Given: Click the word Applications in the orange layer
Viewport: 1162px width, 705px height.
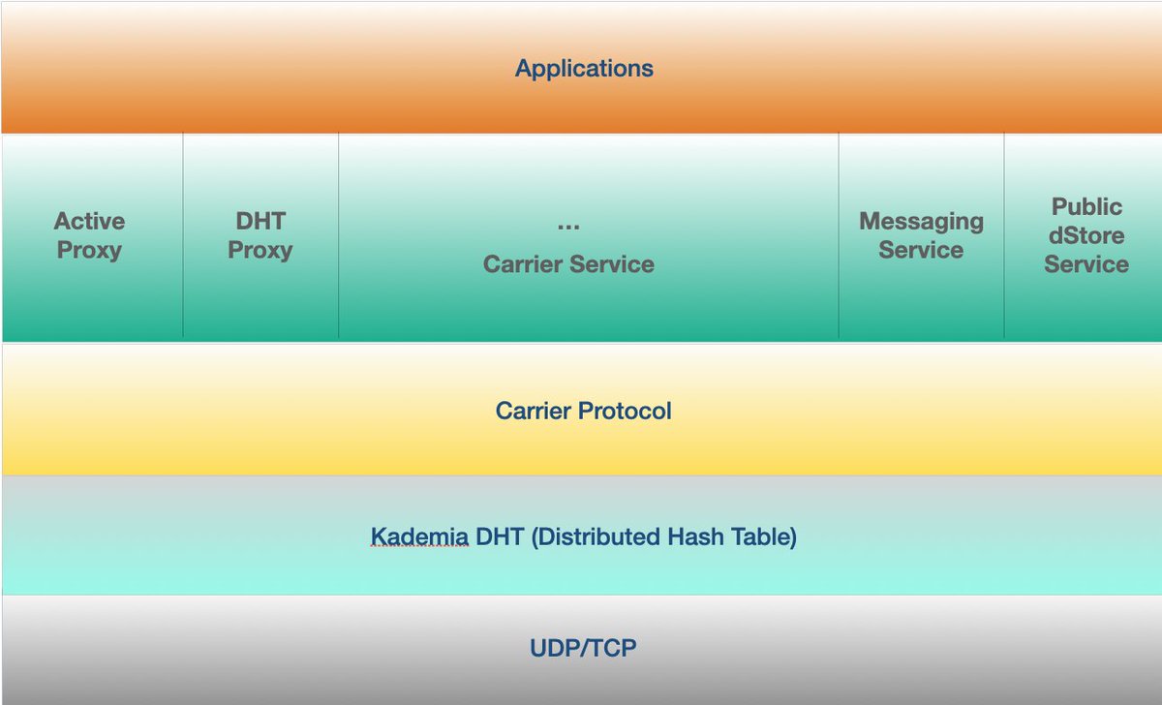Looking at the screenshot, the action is (x=584, y=69).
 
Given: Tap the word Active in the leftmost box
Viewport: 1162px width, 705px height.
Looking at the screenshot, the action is (x=89, y=221).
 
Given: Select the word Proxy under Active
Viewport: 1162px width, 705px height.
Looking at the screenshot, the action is (x=89, y=251).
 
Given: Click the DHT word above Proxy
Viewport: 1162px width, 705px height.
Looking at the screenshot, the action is (x=260, y=221).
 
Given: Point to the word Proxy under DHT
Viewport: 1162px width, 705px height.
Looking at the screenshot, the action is (x=260, y=251).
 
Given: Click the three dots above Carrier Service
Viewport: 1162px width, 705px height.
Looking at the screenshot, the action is (x=568, y=227).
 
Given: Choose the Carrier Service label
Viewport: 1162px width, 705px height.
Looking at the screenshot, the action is (x=568, y=264).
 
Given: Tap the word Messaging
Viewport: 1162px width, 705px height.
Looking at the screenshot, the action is (x=921, y=222).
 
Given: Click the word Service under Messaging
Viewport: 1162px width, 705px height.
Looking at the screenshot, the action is (x=921, y=250).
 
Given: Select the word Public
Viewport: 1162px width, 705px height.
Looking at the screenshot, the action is (x=1086, y=206).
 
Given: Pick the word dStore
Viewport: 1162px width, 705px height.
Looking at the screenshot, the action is (x=1086, y=235).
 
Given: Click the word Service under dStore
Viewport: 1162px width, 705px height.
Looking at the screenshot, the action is (x=1086, y=264).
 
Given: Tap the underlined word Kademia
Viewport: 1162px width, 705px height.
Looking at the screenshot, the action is (x=419, y=536).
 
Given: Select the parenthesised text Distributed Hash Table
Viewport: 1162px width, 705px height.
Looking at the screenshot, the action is (x=664, y=536).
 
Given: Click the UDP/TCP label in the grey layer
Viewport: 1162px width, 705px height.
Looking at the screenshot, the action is (x=583, y=648).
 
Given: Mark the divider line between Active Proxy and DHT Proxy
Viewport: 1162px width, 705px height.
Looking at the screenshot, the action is (x=183, y=236).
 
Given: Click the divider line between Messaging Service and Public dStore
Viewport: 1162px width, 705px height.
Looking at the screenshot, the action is (x=1004, y=236).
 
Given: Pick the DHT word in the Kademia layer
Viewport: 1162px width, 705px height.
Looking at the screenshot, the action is (x=500, y=536).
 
